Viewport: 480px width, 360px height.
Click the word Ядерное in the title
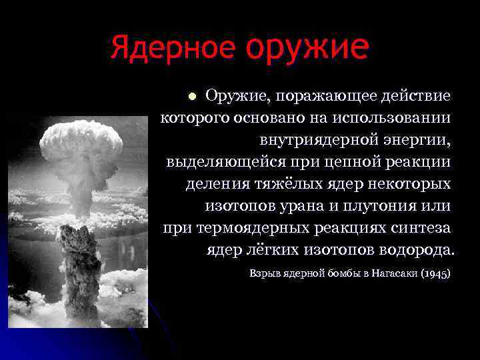click(173, 48)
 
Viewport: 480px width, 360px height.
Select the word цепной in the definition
click(341, 161)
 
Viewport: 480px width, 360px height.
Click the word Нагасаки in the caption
click(393, 273)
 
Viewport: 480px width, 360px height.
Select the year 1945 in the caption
click(437, 273)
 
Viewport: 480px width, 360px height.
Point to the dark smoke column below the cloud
click(81, 267)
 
